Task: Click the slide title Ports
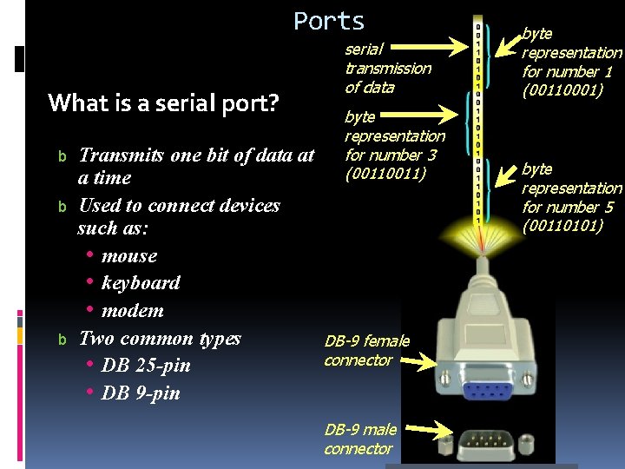coord(329,21)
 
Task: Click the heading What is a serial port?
coord(163,103)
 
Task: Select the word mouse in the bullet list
coord(129,255)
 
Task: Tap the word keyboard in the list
coord(141,282)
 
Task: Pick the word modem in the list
coord(132,310)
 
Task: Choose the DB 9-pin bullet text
coord(141,393)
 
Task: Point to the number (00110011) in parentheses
coord(385,174)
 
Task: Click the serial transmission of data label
coord(387,68)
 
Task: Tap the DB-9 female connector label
coord(366,350)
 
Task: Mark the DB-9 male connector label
coord(360,439)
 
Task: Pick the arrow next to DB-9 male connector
coord(430,428)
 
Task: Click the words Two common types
coord(160,338)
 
